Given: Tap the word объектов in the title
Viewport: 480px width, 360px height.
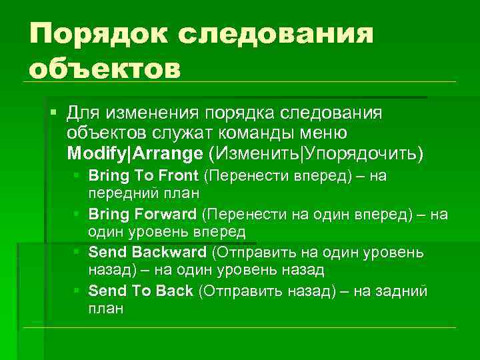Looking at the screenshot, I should [105, 67].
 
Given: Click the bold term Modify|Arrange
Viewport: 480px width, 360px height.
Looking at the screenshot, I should [135, 153].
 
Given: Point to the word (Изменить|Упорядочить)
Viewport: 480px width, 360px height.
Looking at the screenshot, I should [315, 153].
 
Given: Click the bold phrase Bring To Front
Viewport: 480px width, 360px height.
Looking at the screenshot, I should [143, 176].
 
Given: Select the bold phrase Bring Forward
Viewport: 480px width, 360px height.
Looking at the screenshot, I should [143, 215].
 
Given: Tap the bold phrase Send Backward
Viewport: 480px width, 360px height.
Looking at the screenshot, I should [147, 253].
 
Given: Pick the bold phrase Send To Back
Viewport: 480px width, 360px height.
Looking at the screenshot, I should [141, 291].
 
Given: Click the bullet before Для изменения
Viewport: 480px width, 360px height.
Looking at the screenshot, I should [54, 109].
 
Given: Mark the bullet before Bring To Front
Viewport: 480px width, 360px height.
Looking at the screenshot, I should [79, 176].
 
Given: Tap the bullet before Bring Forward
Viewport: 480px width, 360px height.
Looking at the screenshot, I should [79, 215].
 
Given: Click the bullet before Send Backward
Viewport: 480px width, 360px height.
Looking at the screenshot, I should [79, 253].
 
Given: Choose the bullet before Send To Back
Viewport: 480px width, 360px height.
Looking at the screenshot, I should [79, 291].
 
